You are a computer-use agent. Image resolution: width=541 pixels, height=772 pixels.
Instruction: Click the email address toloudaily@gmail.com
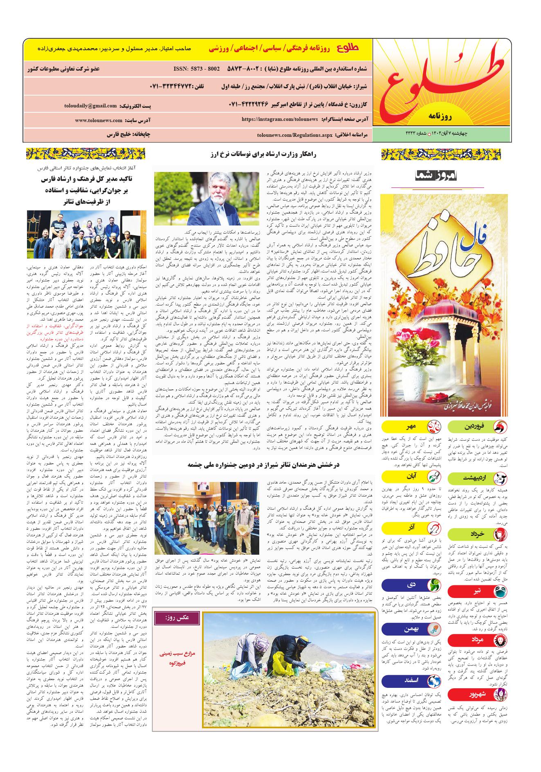[90, 106]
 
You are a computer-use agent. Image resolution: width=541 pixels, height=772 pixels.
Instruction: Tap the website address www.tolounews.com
[99, 120]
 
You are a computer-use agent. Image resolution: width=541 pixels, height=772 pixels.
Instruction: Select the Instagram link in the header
[280, 119]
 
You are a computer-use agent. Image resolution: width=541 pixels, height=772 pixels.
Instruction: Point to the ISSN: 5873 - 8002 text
[196, 69]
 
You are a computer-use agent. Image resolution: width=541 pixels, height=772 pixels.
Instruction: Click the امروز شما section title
[438, 176]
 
